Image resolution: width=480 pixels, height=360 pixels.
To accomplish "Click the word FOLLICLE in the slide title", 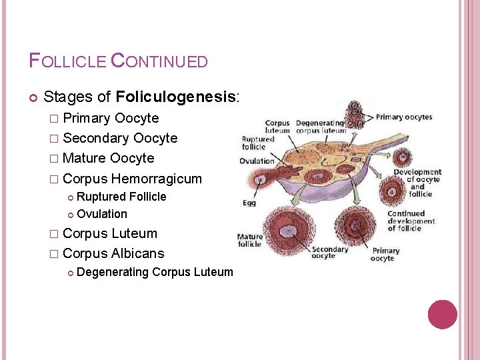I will pos(67,61).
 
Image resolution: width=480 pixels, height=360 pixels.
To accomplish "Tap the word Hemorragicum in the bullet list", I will pos(156,179).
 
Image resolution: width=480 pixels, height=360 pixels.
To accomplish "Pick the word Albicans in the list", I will pos(137,253).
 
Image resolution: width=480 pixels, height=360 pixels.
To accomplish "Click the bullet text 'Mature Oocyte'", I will pos(108,159).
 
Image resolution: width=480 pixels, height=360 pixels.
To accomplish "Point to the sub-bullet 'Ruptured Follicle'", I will pos(121,197).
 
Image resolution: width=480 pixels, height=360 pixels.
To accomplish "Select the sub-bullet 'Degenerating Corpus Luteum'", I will pos(155,271).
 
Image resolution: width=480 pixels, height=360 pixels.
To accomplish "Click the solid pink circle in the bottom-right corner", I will pos(443,315).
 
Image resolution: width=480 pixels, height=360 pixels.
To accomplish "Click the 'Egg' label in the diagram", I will pos(248,202).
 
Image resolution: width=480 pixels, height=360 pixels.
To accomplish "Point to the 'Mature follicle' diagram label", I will pos(250,239).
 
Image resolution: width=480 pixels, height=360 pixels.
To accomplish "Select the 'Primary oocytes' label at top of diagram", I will pos(404,117).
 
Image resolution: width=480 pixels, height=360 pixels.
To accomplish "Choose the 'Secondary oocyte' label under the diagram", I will pos(330,253).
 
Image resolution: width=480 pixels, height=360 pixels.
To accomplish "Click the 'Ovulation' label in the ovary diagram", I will pos(257,161).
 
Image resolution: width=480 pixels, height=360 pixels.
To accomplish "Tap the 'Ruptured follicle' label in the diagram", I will pos(258,143).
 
